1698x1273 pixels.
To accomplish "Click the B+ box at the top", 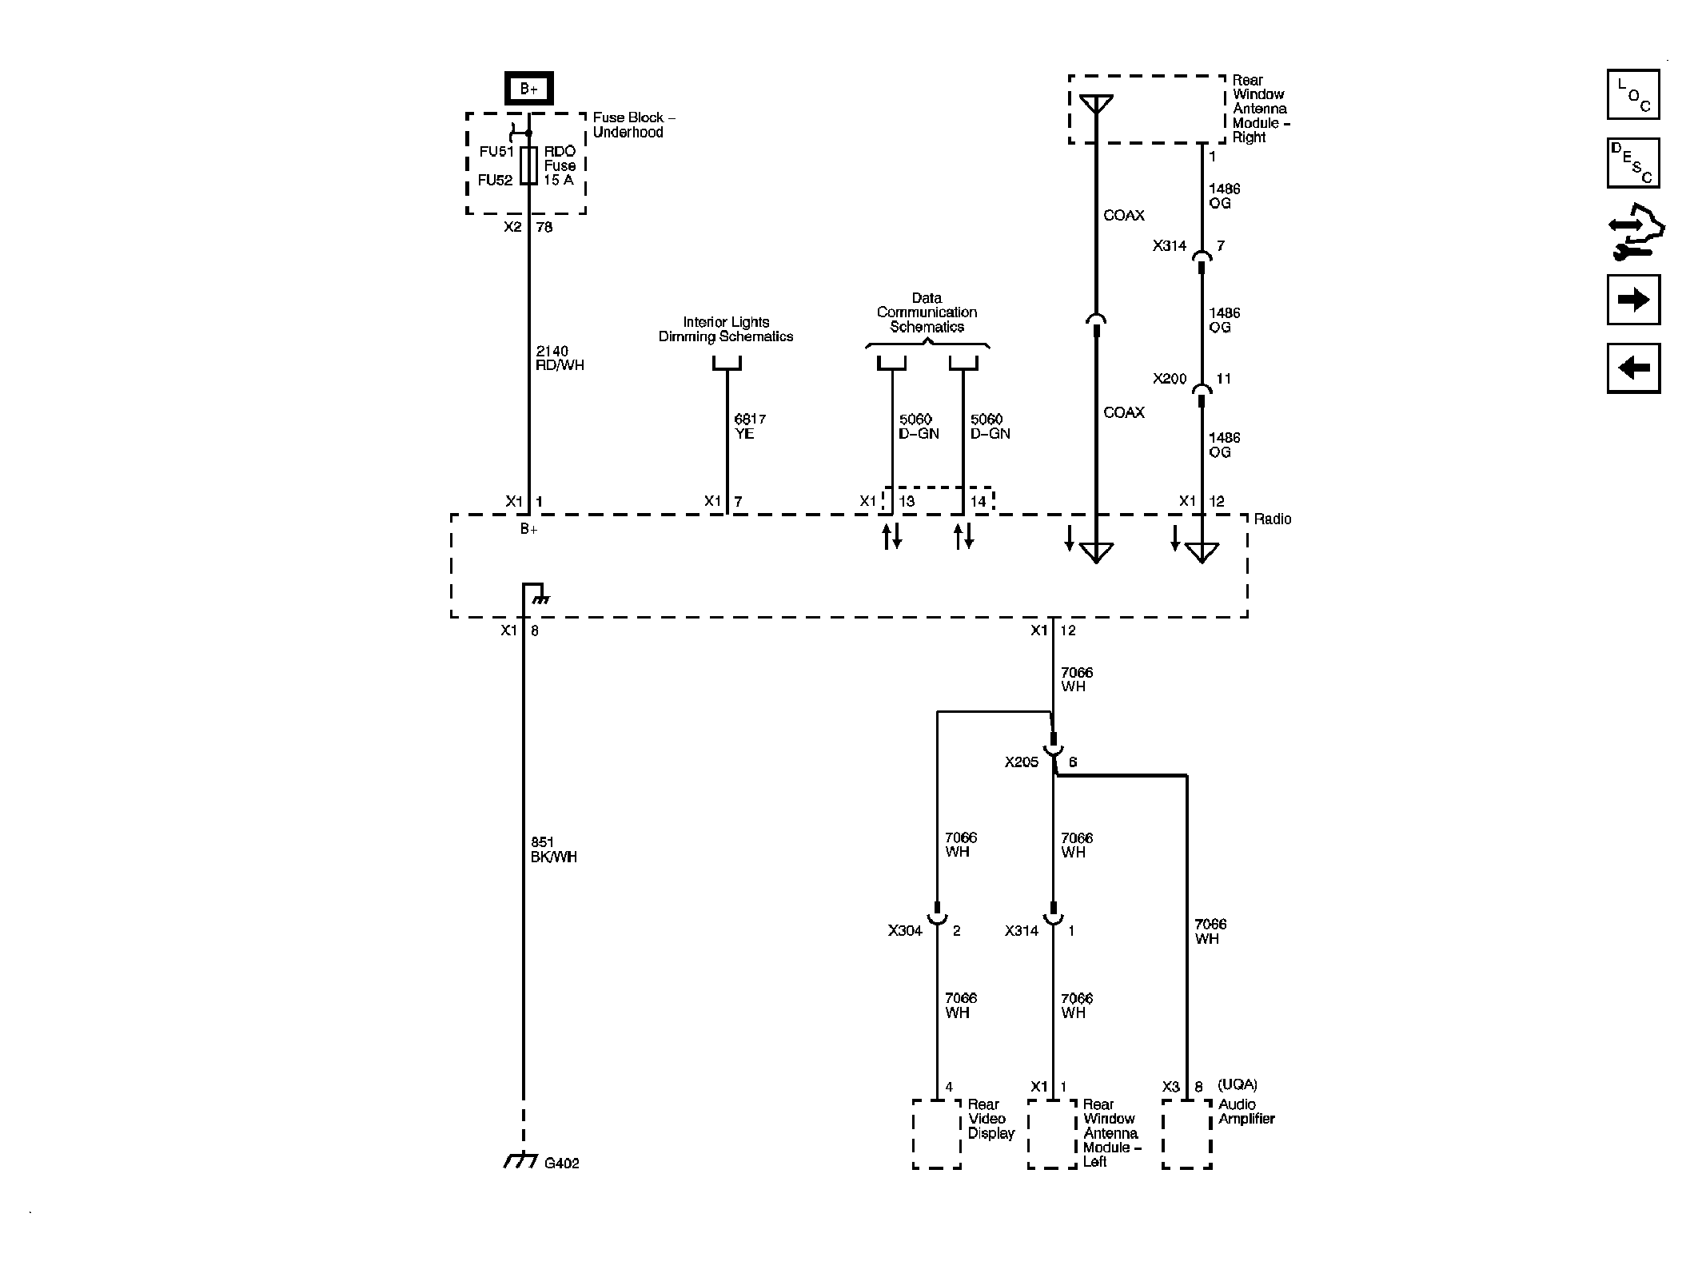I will (528, 89).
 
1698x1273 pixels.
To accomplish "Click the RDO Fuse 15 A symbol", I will (528, 165).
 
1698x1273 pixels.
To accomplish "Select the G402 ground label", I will (561, 1164).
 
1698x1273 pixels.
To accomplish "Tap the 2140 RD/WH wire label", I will (559, 358).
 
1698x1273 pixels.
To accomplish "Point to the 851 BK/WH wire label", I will (553, 849).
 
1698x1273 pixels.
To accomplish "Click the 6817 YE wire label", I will (749, 426).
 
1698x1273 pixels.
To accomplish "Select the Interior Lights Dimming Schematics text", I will (725, 329).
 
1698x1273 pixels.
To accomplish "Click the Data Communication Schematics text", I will (927, 312).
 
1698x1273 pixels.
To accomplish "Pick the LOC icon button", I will (1632, 94).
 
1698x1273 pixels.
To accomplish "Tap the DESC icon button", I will (1632, 163).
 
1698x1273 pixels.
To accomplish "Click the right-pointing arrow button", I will (1632, 300).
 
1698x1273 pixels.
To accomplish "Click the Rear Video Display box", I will (936, 1133).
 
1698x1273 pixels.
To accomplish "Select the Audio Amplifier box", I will (1186, 1133).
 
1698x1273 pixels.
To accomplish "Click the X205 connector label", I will (1021, 762).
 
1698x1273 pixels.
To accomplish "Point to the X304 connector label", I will (904, 931).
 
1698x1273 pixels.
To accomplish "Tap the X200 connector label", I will (1169, 379).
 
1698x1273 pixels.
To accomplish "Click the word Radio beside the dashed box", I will (1272, 519).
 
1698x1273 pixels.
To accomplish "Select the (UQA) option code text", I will (1237, 1084).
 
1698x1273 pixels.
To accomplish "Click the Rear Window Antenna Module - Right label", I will (1260, 109).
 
